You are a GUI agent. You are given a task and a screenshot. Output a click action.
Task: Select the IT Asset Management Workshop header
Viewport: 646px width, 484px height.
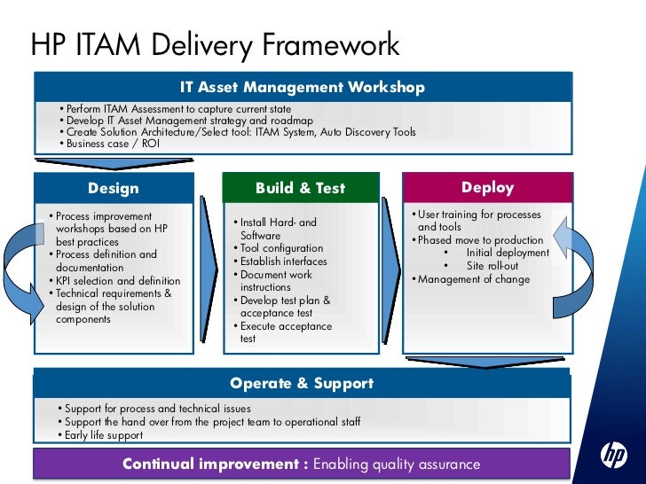pos(302,88)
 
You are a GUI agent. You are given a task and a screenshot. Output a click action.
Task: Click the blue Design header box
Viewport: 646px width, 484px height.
pos(114,188)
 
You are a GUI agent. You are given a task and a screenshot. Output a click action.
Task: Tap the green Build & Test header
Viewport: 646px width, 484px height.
pos(300,188)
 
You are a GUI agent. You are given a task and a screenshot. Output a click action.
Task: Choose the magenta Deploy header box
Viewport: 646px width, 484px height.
pos(487,187)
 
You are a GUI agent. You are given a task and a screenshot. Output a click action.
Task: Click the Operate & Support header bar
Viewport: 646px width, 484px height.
pos(302,384)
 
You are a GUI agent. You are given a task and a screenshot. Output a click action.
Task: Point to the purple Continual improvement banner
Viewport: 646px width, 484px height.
pos(302,464)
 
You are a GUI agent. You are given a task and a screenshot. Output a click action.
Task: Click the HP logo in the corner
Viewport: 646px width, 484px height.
pos(613,457)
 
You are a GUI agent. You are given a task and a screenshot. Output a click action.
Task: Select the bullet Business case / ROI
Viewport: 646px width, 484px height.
pos(111,144)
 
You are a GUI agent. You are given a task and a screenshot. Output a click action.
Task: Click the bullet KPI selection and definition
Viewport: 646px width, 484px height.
pos(116,281)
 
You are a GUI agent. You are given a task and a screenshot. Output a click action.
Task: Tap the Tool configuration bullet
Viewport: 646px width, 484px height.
pos(281,249)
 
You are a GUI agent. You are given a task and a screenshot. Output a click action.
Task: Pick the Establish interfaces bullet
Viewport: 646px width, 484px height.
pos(283,262)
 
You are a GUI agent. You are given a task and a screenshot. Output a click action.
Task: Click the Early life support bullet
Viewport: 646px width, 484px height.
pos(103,435)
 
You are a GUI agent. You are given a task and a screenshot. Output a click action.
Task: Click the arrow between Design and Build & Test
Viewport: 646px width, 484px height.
pos(208,269)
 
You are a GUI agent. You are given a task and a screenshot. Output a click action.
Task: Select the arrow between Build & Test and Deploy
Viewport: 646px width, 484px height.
pos(391,269)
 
